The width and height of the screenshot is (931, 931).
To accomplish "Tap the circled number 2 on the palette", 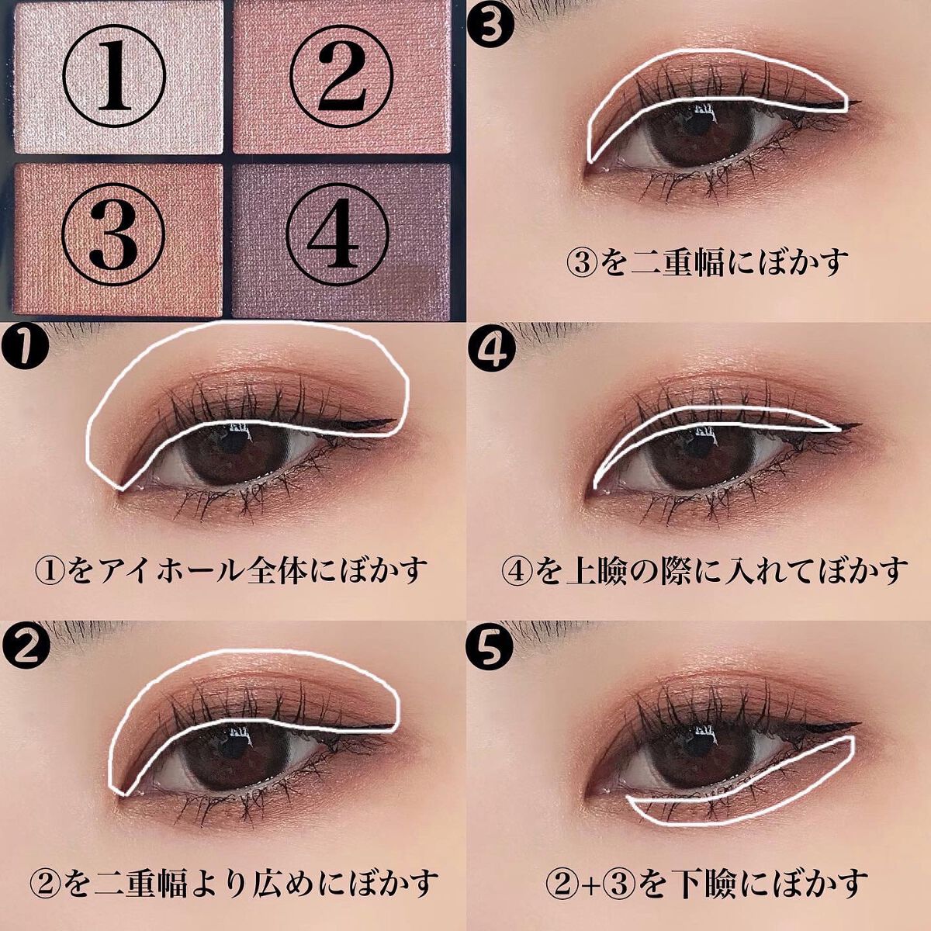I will pos(340,80).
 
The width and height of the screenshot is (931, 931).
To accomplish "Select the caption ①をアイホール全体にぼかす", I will pos(231,570).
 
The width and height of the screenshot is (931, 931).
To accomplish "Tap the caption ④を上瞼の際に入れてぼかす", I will pos(703,570).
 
